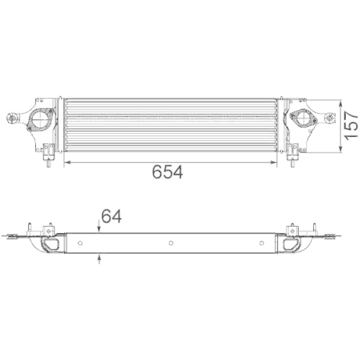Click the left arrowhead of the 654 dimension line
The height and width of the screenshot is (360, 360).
68,163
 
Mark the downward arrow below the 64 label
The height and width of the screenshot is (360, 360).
99,229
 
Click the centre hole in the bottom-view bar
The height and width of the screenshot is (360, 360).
171,243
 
